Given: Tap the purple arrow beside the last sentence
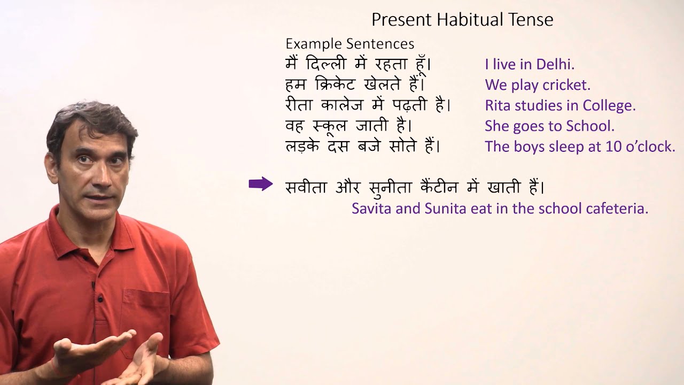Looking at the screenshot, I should point(261,184).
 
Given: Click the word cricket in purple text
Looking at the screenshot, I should point(566,85).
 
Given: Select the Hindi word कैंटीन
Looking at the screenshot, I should point(432,187).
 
